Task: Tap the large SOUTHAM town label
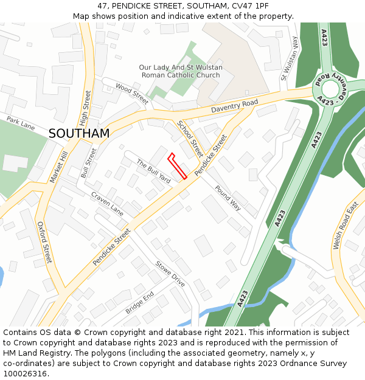point(79,133)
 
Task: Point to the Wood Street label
point(131,94)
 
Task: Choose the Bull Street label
point(89,163)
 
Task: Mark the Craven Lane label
point(108,203)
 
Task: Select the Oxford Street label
point(44,242)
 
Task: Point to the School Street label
point(190,138)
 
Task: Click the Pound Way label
point(228,198)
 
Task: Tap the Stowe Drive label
point(170,274)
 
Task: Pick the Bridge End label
point(139,302)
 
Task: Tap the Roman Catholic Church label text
point(181,75)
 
